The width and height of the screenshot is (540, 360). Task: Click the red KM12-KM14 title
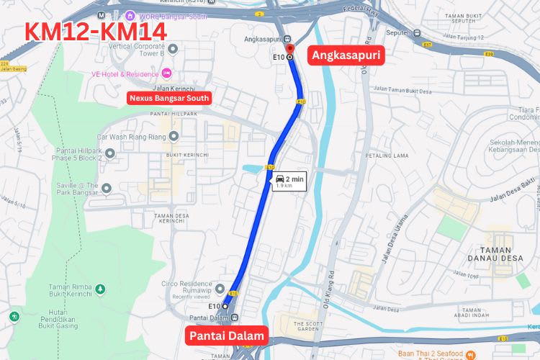[96, 32]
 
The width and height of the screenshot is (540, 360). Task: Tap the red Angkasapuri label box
[345, 55]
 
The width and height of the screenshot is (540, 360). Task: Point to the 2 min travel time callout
[288, 181]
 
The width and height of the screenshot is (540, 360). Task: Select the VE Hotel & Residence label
[125, 73]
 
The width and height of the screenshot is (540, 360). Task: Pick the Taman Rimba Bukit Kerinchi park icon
[101, 289]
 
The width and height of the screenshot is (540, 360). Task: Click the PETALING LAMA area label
[388, 154]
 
